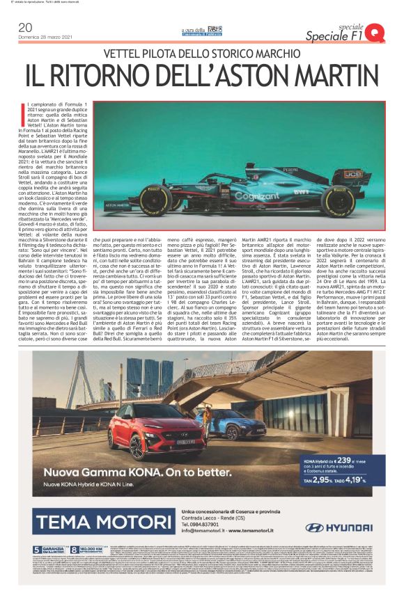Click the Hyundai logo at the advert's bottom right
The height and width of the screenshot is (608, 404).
coord(333,528)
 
